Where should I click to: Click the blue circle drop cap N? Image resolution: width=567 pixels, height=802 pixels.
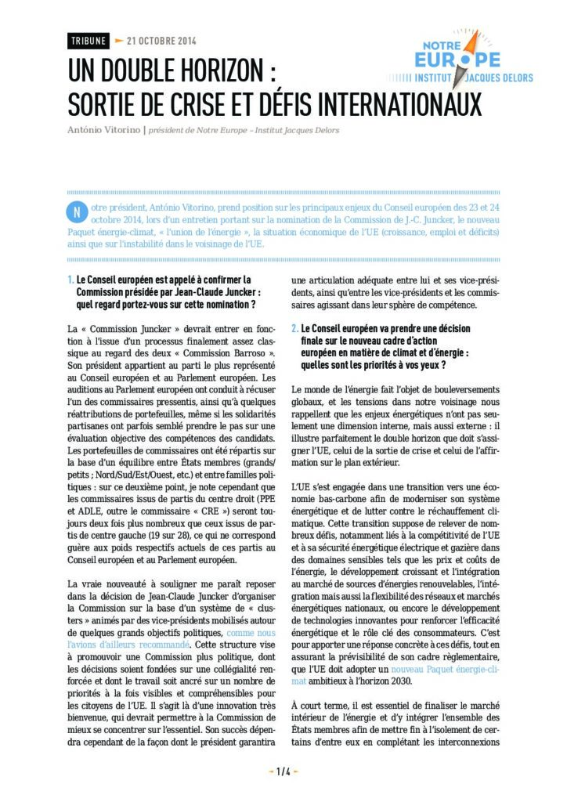click(x=76, y=212)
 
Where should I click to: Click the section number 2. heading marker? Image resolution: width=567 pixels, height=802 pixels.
click(x=294, y=330)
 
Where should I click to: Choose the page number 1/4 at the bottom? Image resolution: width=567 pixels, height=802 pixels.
click(x=283, y=771)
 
